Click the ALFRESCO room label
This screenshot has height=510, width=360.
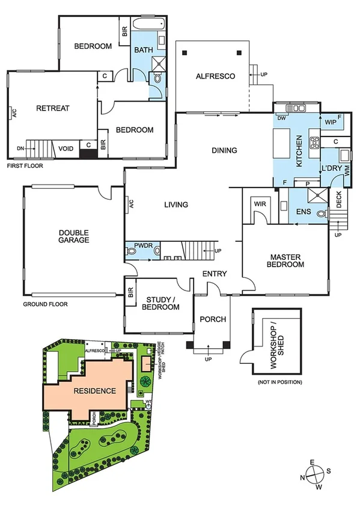pyautogui.click(x=215, y=76)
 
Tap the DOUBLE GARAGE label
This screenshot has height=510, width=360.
pyautogui.click(x=74, y=236)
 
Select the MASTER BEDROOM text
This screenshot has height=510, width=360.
pyautogui.click(x=286, y=259)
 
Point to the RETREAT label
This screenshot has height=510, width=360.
pyautogui.click(x=53, y=108)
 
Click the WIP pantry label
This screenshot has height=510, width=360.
pyautogui.click(x=330, y=122)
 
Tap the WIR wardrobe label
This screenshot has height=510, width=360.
pyautogui.click(x=260, y=204)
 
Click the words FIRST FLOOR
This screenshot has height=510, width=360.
pyautogui.click(x=25, y=164)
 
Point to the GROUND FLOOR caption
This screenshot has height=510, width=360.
pyautogui.click(x=45, y=304)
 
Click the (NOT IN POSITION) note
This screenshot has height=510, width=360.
pyautogui.click(x=279, y=382)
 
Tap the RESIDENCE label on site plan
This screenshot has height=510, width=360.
pyautogui.click(x=94, y=391)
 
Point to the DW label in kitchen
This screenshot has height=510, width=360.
pyautogui.click(x=281, y=118)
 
